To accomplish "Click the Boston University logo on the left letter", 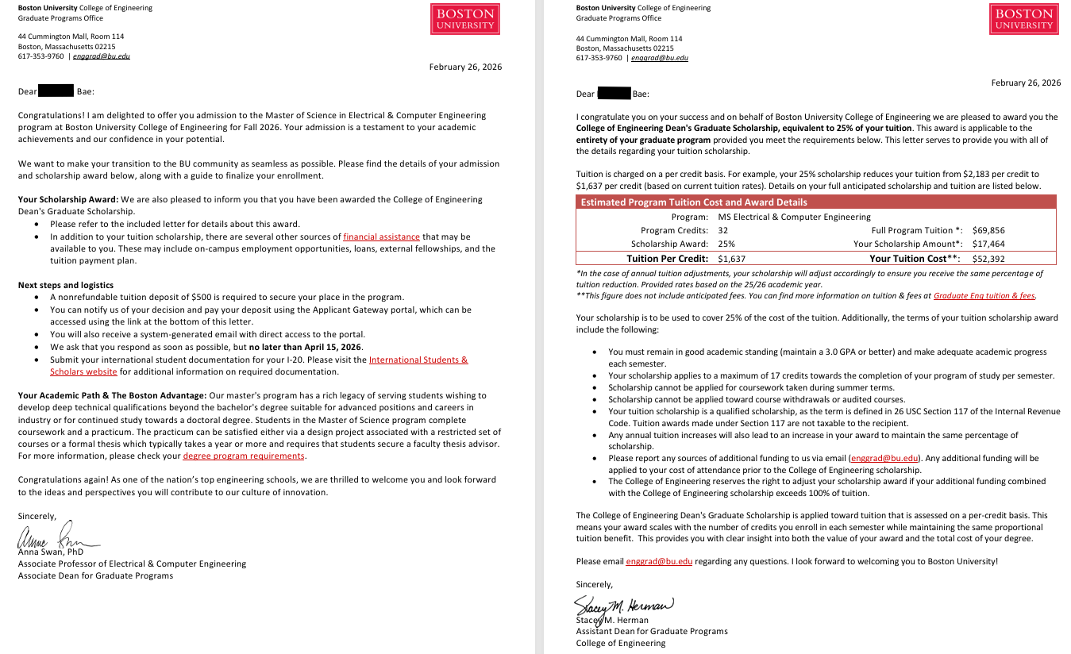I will pos(465,19).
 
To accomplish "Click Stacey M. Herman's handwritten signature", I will pos(623,606).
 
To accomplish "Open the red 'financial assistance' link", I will pos(381,237).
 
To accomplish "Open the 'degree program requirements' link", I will pos(244,456).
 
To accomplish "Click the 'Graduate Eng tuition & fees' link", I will pos(984,295).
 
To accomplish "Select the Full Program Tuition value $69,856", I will pos(988,230).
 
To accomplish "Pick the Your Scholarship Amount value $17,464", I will pos(988,244).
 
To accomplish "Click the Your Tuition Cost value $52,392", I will pos(988,258).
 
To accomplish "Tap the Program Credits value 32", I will pos(722,230).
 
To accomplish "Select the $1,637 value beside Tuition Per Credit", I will pos(731,258).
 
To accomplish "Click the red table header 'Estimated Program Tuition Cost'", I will pos(693,202).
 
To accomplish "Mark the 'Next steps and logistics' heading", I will pos(66,285).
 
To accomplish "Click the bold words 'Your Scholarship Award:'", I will pos(68,199).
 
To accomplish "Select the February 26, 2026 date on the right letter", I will pos(1026,83).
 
